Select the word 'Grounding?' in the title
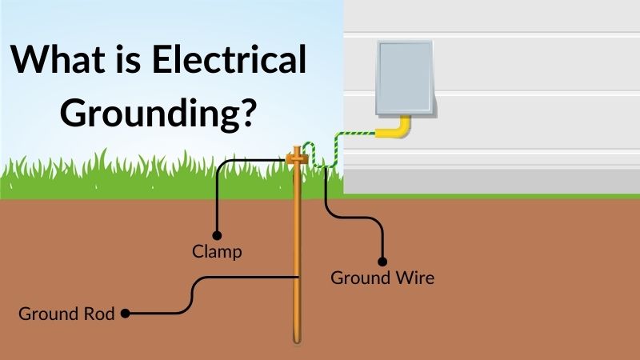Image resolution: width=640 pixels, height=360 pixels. pyautogui.click(x=159, y=114)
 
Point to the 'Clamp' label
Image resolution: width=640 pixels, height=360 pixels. pyautogui.click(x=217, y=251)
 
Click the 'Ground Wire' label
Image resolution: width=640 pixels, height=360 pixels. pyautogui.click(x=382, y=278)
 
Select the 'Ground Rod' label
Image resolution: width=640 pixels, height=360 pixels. pyautogui.click(x=68, y=314)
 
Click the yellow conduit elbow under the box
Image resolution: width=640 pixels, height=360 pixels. pyautogui.click(x=399, y=129)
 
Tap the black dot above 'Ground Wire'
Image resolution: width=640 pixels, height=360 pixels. pyautogui.click(x=382, y=261)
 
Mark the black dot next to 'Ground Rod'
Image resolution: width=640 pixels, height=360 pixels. pyautogui.click(x=125, y=314)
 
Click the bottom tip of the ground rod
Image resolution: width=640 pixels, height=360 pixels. pyautogui.click(x=298, y=342)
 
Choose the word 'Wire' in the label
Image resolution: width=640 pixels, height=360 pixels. pyautogui.click(x=413, y=278)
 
